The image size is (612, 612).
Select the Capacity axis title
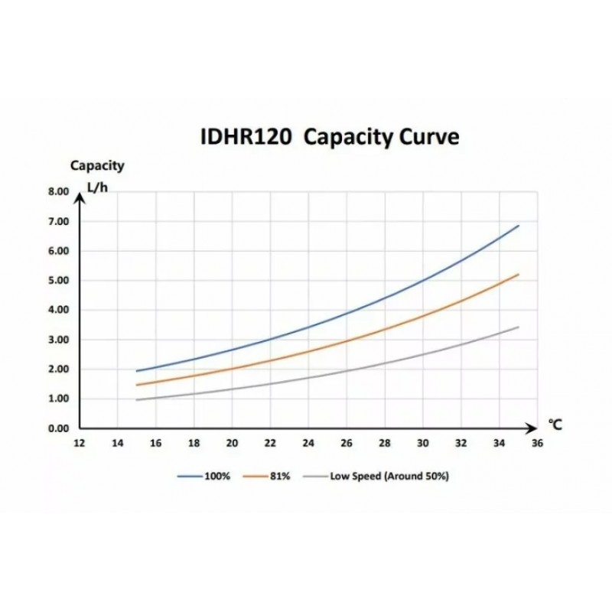(97, 164)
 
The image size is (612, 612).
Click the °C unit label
(555, 425)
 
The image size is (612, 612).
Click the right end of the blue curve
(519, 226)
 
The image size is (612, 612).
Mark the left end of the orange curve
(136, 385)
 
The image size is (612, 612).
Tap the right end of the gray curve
(519, 327)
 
